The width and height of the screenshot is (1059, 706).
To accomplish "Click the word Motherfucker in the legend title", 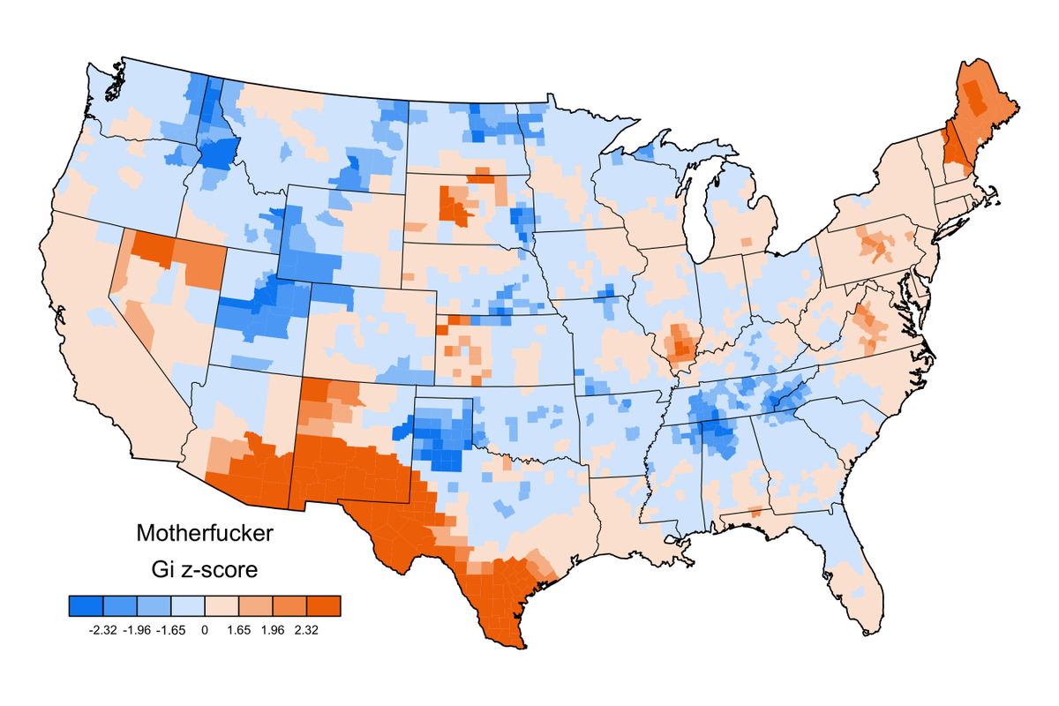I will click(x=205, y=534).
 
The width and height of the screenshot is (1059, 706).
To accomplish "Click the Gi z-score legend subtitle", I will click(x=205, y=570).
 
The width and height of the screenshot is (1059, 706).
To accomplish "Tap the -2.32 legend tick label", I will click(x=103, y=630).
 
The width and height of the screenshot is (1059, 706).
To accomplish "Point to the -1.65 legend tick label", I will click(x=171, y=630).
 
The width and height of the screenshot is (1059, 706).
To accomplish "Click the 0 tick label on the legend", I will click(x=205, y=630).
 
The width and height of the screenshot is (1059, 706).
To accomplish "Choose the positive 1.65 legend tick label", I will click(x=239, y=630).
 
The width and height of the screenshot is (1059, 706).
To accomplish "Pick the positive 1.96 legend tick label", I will click(x=273, y=630).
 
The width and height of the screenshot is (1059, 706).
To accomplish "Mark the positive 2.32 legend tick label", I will click(x=306, y=630).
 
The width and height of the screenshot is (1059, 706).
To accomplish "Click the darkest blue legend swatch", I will click(x=86, y=605).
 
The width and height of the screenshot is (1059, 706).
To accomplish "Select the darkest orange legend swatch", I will click(x=324, y=605).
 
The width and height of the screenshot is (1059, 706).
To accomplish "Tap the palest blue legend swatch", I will click(x=188, y=605).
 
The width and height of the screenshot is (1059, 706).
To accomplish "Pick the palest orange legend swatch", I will click(x=222, y=605).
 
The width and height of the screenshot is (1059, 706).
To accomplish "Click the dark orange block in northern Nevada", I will click(x=154, y=249).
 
